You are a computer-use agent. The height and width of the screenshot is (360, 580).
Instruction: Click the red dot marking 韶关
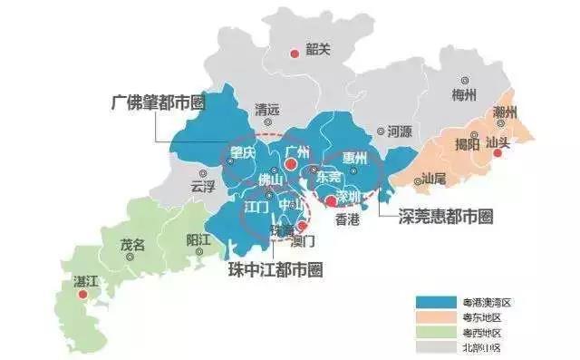294,55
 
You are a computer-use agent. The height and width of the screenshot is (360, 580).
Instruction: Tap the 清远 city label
268,106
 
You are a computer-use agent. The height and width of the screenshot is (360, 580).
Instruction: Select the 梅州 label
463,93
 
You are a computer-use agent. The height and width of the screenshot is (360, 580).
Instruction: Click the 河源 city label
399,131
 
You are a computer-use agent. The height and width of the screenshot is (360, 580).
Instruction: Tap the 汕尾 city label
434,180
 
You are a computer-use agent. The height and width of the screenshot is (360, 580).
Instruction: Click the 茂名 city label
132,243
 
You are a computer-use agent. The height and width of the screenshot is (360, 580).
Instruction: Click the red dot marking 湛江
82,294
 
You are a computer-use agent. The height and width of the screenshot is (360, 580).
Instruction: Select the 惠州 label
360,157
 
